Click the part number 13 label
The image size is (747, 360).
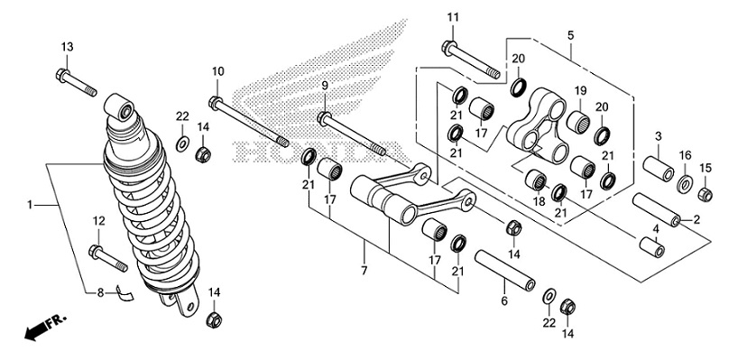tap(67, 47)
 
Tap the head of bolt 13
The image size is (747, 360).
tap(62, 75)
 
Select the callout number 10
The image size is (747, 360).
tap(217, 72)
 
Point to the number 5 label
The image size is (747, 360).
tap(571, 35)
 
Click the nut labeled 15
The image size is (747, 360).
tap(705, 195)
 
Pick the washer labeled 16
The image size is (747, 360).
tap(685, 184)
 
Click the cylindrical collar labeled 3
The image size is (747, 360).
tap(659, 168)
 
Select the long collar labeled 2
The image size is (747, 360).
tap(657, 209)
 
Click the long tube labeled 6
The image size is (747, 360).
tap(505, 271)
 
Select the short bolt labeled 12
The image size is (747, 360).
tap(107, 259)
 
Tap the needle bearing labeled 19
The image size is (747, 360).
tap(579, 122)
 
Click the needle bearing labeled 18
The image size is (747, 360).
tap(537, 180)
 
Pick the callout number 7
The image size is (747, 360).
tap(364, 271)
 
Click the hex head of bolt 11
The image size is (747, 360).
tap(448, 48)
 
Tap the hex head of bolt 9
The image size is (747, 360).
tap(324, 117)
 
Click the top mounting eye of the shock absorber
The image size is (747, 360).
tap(120, 107)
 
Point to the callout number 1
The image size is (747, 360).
tap(30, 205)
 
